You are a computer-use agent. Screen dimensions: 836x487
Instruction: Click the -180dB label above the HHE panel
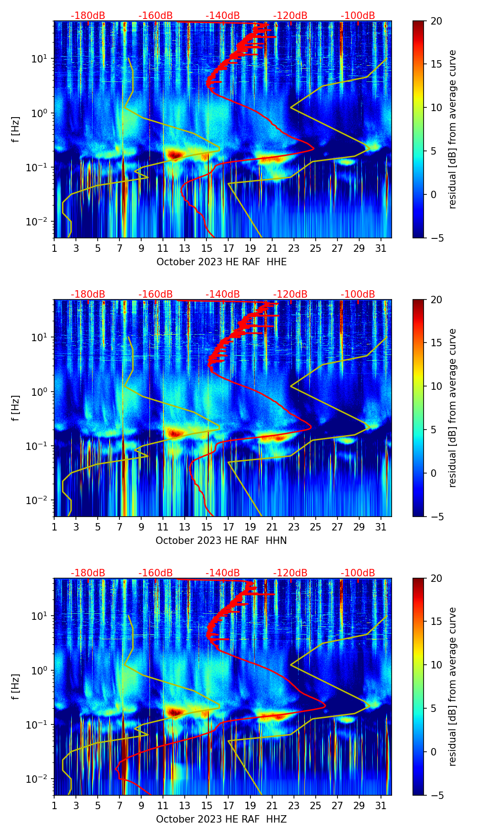tap(88, 16)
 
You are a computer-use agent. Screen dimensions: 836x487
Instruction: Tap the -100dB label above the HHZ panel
tap(358, 573)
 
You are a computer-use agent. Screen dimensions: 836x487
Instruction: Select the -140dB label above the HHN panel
tap(223, 294)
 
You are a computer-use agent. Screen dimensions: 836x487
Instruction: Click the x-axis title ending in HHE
tap(221, 262)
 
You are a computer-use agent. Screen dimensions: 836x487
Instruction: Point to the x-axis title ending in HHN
tap(221, 541)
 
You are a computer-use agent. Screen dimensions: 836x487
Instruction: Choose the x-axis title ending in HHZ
tap(221, 819)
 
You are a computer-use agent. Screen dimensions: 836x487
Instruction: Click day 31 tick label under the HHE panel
tap(381, 249)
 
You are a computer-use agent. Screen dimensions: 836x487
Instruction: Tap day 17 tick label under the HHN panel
tap(229, 527)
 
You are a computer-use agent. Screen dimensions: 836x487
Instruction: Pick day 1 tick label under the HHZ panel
tap(55, 806)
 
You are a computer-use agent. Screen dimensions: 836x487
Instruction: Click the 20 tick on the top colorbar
tap(436, 21)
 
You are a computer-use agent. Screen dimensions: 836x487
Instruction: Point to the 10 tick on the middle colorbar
tap(436, 386)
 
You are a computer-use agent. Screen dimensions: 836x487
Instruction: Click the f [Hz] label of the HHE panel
tap(16, 130)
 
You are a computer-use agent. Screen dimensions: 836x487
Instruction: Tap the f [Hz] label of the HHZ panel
tap(16, 687)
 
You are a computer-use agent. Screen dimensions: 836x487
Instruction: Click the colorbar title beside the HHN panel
tap(452, 408)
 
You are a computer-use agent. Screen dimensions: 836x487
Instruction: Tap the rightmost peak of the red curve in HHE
tap(314, 149)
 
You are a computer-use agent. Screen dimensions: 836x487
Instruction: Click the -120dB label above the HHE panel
tap(290, 16)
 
